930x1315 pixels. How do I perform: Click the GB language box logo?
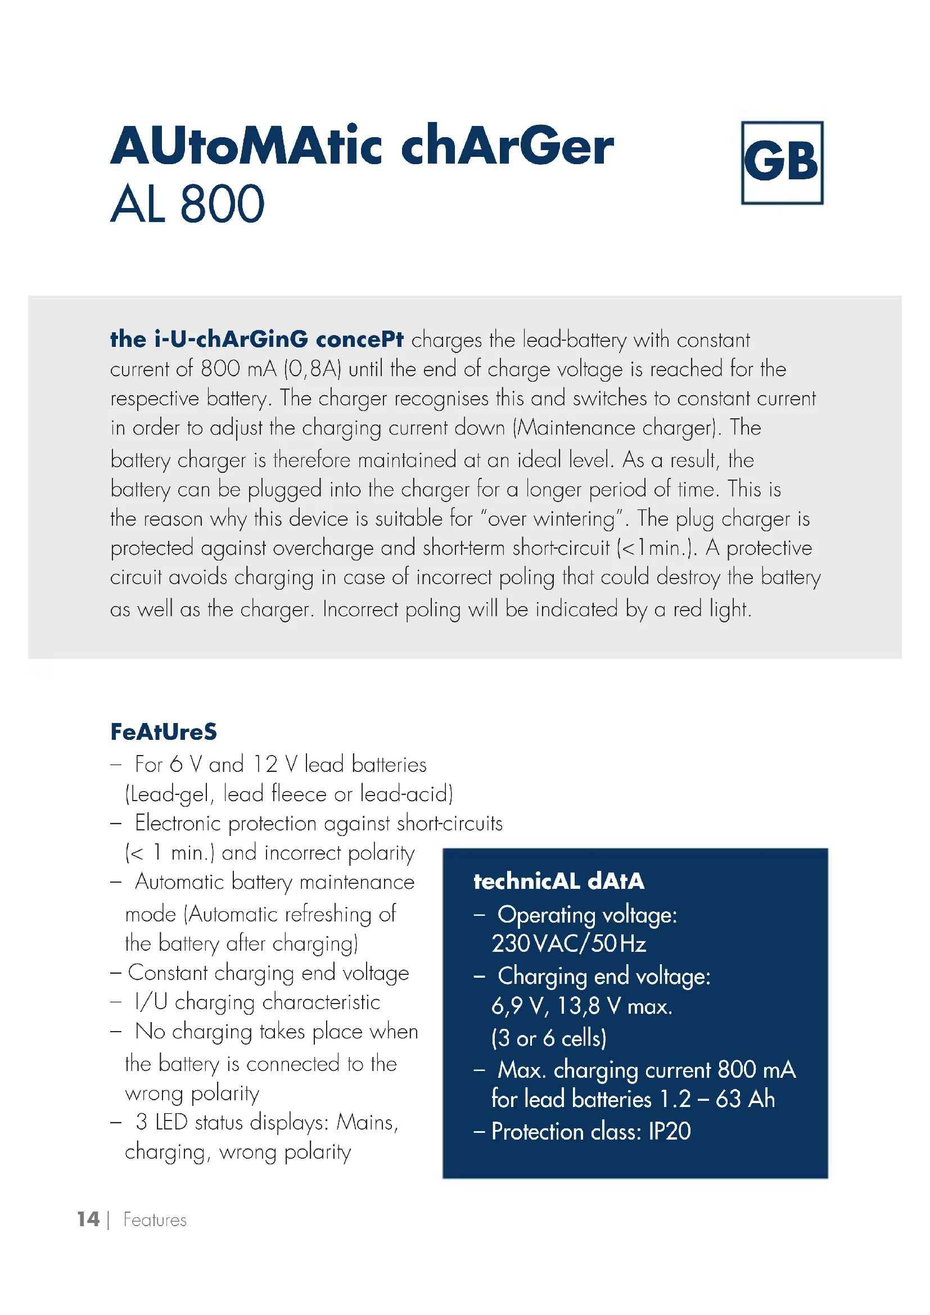(x=782, y=162)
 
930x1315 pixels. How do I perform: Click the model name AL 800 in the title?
(x=187, y=205)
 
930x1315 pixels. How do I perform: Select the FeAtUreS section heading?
(x=163, y=732)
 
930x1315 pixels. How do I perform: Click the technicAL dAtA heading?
(x=558, y=882)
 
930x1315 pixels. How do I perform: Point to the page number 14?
(x=88, y=1219)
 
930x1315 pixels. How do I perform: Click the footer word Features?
(x=155, y=1220)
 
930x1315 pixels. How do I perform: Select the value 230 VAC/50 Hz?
(x=568, y=944)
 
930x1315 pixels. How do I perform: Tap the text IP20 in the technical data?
(x=670, y=1132)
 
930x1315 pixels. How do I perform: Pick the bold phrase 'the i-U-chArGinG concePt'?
(x=256, y=340)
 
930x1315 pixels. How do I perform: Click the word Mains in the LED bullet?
(x=367, y=1122)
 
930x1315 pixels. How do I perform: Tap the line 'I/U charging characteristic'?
(x=257, y=1002)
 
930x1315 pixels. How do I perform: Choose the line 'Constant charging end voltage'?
(x=268, y=973)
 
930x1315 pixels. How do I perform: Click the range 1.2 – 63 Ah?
(x=717, y=1100)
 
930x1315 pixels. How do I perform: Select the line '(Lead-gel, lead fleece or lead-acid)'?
(x=289, y=794)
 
